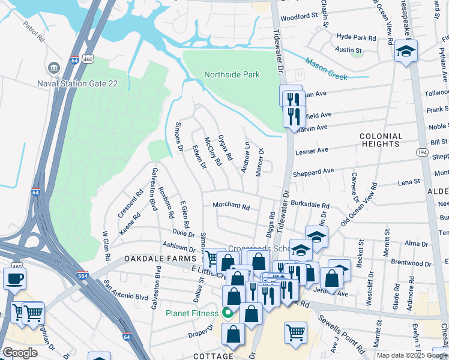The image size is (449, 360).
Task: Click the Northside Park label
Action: pyautogui.click(x=232, y=75)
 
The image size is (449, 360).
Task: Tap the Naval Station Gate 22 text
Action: pyautogui.click(x=101, y=67)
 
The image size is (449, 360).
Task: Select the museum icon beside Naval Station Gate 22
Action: pyautogui.click(x=55, y=67)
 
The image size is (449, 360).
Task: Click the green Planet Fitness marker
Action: pyautogui.click(x=228, y=312)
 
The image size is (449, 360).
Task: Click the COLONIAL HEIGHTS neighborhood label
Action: pyautogui.click(x=381, y=140)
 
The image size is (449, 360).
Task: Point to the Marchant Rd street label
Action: pyautogui.click(x=231, y=206)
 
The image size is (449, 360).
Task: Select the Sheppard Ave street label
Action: pyautogui.click(x=313, y=171)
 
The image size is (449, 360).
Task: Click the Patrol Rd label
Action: pyautogui.click(x=34, y=31)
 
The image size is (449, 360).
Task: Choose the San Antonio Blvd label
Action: pyautogui.click(x=125, y=289)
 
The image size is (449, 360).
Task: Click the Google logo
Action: pyautogui.click(x=20, y=353)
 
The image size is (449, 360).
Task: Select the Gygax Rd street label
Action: pyautogui.click(x=226, y=148)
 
